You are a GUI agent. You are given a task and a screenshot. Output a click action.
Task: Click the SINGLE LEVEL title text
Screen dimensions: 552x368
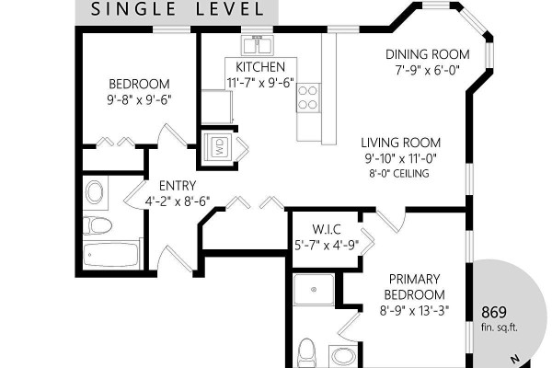(x=177, y=9)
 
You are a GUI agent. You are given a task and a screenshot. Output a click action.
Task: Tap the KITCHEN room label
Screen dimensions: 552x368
(x=260, y=67)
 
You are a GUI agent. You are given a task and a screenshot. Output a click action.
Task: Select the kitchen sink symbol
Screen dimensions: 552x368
(x=258, y=45)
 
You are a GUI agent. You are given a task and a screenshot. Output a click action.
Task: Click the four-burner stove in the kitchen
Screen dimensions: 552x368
(x=308, y=98)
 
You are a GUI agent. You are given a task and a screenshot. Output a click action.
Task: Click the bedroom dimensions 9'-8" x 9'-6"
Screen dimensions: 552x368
(x=139, y=100)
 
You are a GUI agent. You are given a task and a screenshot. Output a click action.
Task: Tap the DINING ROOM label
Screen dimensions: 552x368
(x=428, y=54)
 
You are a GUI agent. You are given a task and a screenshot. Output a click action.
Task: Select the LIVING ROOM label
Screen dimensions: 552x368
(x=401, y=143)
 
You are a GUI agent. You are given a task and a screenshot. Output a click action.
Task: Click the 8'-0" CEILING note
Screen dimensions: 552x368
(x=399, y=174)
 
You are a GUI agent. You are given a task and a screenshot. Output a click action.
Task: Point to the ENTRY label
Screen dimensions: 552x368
(x=178, y=186)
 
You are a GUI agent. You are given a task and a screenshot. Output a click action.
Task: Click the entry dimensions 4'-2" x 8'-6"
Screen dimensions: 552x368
(x=178, y=201)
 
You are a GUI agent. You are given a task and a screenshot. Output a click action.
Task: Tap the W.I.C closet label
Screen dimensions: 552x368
(x=327, y=230)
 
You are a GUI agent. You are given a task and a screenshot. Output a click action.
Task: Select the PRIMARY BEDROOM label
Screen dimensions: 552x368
(x=414, y=287)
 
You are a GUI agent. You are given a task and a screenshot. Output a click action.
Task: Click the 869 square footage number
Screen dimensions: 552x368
(x=494, y=313)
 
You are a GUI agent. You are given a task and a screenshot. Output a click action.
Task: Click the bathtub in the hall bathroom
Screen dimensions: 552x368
(x=111, y=255)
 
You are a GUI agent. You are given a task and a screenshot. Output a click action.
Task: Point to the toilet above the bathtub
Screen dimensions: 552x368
(x=98, y=225)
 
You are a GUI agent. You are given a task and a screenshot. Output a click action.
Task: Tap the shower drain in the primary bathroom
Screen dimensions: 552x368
(x=314, y=290)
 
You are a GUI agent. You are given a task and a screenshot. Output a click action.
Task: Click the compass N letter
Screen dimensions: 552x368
(x=515, y=359)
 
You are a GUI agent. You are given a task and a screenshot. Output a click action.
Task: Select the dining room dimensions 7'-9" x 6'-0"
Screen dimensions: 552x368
(x=428, y=71)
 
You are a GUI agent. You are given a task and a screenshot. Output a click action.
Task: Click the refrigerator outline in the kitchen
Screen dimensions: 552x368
(x=217, y=107)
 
